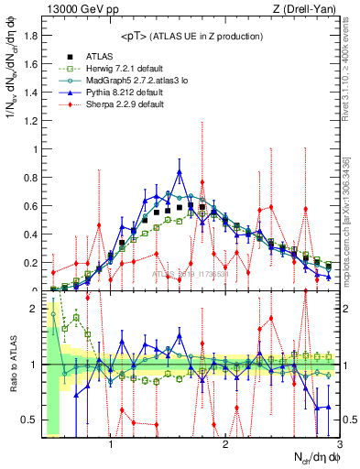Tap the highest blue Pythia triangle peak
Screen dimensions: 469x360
point(180,171)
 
